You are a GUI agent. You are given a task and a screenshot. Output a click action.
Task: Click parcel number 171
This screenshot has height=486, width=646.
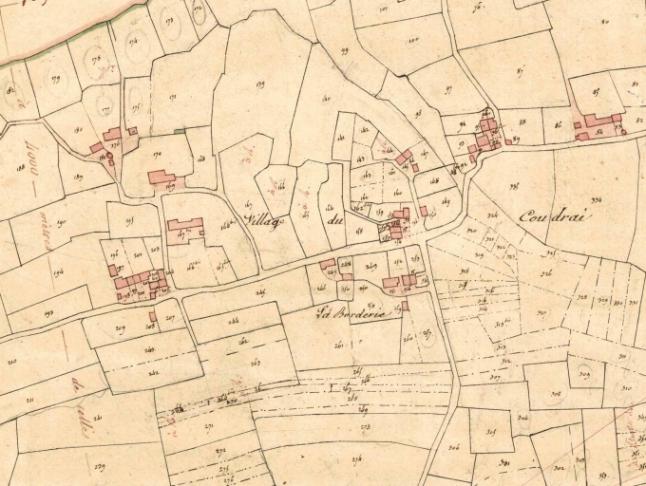coord(172,97)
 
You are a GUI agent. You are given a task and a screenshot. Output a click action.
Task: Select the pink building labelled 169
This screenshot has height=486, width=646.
coord(161,178)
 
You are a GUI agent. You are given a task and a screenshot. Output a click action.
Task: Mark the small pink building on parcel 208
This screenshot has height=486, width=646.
coord(153,316)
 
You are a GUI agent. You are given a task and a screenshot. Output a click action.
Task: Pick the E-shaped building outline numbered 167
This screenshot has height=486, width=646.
coord(184,228)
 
